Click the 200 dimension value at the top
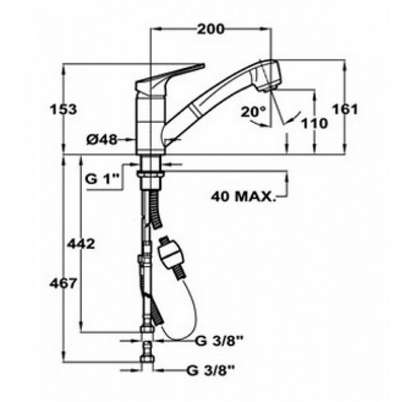click(x=210, y=29)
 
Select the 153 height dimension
click(x=63, y=110)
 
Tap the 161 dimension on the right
click(x=345, y=110)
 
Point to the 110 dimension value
click(x=314, y=123)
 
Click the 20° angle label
click(x=253, y=112)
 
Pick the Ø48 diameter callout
click(x=101, y=140)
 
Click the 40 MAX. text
click(x=242, y=197)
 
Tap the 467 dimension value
click(x=63, y=283)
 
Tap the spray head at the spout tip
click(x=267, y=76)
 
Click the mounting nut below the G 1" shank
click(x=151, y=174)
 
